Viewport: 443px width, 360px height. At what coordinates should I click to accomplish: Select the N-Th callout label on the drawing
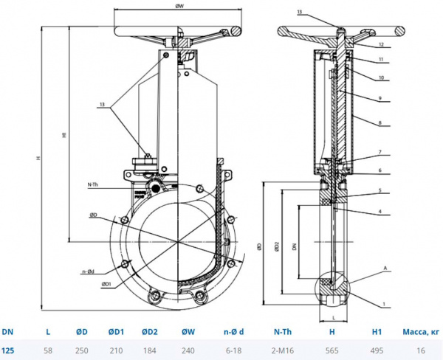(x=94, y=183)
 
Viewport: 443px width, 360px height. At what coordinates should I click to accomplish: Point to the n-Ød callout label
(x=87, y=272)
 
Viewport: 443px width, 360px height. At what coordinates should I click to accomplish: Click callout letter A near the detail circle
(x=385, y=266)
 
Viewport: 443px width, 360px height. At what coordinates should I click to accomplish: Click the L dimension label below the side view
(x=334, y=316)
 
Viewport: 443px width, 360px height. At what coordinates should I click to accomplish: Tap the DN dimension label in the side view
(x=293, y=249)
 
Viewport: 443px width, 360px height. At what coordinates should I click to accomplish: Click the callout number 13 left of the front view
(x=101, y=105)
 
